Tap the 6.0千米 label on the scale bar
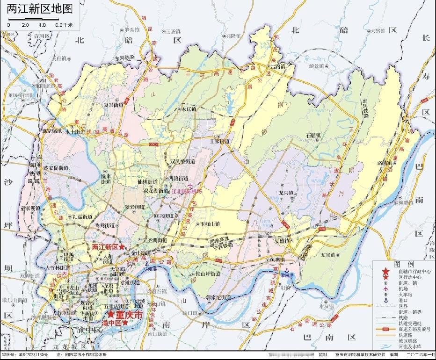click(65, 24)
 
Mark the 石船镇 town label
click(313, 136)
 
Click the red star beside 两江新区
click(122, 246)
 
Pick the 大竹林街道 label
click(57, 268)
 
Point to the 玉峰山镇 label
click(211, 224)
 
